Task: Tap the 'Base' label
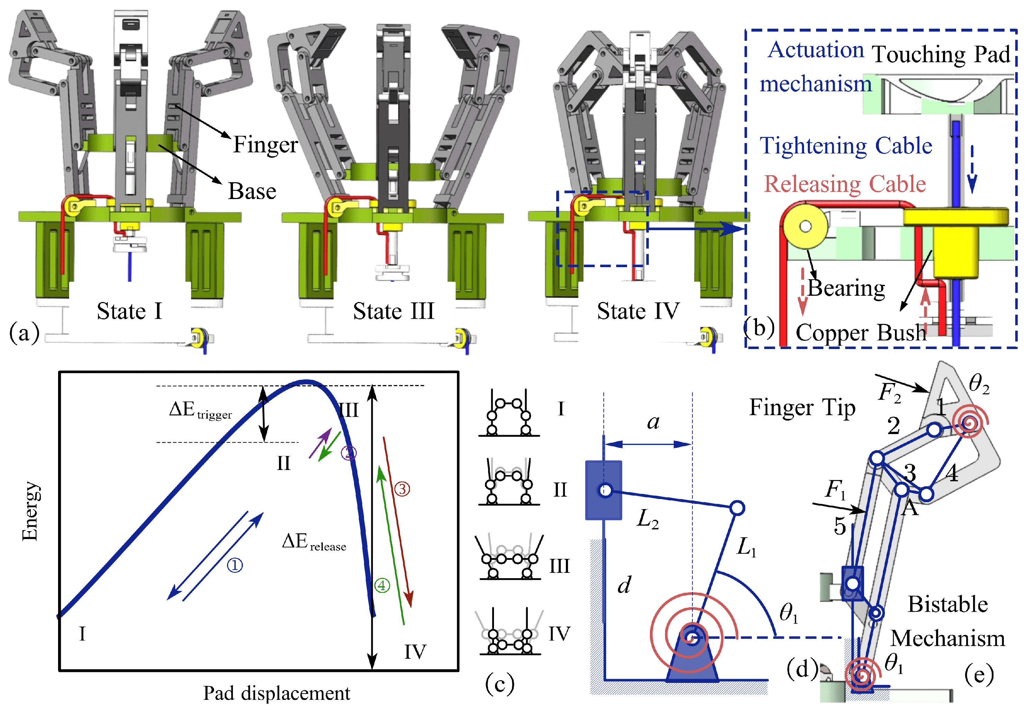tap(252, 191)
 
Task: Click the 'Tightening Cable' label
tap(846, 146)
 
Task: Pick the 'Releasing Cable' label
tap(844, 184)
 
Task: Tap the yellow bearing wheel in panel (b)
tap(805, 227)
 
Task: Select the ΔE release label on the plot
tap(314, 542)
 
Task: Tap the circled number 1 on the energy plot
tap(235, 565)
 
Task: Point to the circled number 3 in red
tap(402, 489)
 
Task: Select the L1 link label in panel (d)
tap(746, 547)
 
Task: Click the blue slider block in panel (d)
tap(604, 490)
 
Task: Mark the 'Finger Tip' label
tap(802, 408)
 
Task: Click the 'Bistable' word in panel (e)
tap(947, 604)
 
